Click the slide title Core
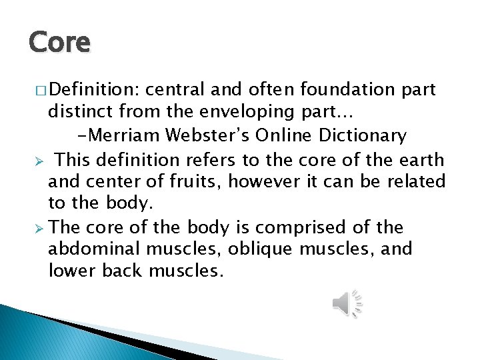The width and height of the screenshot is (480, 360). tap(59, 43)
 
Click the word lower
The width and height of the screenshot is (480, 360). tap(71, 271)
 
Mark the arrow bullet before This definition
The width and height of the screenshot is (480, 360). tap(39, 161)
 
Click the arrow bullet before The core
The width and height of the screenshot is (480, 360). tap(39, 228)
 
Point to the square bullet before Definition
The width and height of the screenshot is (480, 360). tap(39, 90)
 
